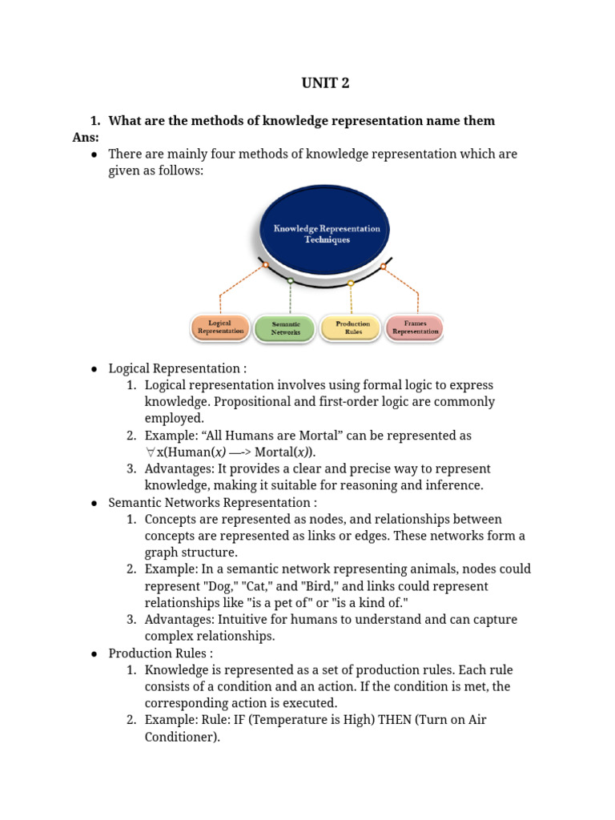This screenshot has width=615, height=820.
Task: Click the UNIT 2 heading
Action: (325, 83)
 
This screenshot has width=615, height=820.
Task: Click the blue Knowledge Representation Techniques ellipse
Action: (326, 233)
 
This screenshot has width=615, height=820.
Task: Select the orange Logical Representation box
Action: (220, 327)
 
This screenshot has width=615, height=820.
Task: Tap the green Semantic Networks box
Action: (285, 328)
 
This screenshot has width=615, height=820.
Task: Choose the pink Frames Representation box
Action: (415, 327)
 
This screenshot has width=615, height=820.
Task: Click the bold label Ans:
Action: (85, 137)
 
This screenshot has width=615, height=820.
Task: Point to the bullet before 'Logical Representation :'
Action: (94, 369)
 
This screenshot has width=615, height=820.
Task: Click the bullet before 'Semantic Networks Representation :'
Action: (94, 503)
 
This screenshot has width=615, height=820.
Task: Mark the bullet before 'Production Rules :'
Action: (94, 653)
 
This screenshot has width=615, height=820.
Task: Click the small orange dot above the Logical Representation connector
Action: (265, 264)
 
